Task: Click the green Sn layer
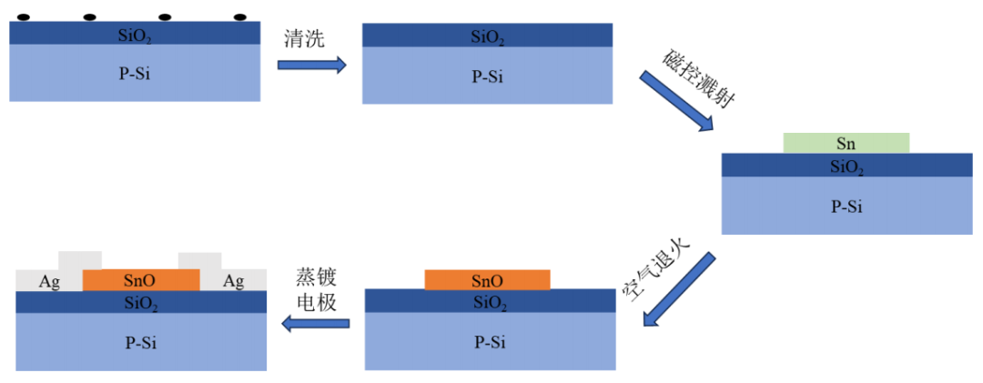[846, 143]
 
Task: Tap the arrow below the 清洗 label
[311, 65]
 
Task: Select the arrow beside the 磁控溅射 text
[677, 101]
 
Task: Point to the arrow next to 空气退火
[677, 287]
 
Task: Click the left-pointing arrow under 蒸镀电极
[315, 322]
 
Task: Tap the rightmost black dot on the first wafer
[240, 17]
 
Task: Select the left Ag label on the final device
[49, 282]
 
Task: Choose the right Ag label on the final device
[233, 282]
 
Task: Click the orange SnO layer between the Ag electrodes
[140, 280]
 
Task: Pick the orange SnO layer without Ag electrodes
[487, 280]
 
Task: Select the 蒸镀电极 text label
[317, 289]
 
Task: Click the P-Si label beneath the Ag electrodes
[140, 342]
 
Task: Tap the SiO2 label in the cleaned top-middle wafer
[487, 37]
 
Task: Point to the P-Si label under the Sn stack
[846, 207]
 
